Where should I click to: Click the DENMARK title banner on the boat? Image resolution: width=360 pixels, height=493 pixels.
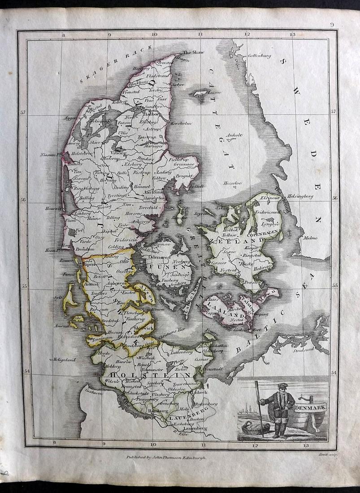click(310, 407)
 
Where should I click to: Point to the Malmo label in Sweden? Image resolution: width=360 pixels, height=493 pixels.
click(310, 238)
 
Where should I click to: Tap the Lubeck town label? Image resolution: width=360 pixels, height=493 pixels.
click(200, 392)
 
